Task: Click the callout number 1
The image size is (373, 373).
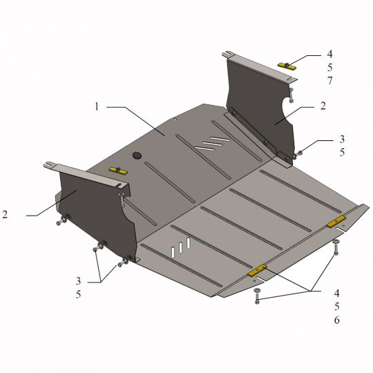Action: [96, 106]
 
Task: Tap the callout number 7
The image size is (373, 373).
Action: [329, 81]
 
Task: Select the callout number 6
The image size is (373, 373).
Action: [336, 320]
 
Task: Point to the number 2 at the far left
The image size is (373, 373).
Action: [5, 215]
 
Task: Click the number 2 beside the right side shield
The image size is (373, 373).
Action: [323, 106]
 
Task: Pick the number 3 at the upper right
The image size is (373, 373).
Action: [342, 139]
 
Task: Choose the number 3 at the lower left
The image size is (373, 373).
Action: [78, 281]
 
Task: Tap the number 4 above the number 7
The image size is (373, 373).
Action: [329, 54]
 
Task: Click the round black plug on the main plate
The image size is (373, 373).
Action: [137, 155]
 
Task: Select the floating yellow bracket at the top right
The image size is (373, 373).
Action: [287, 66]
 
